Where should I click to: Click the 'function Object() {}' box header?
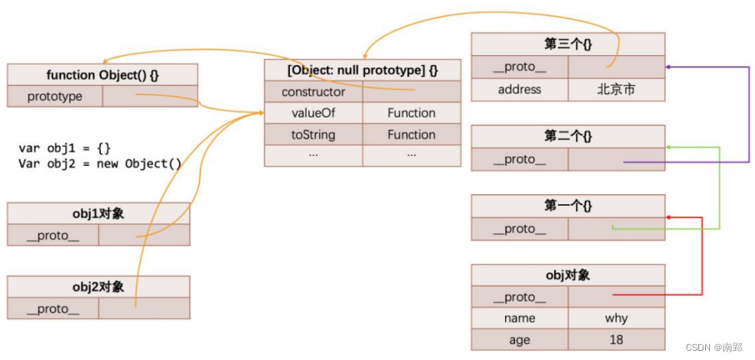(102, 74)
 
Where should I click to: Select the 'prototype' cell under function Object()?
(55, 97)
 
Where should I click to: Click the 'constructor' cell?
(313, 92)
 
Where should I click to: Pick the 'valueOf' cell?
(313, 113)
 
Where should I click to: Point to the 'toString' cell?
(313, 135)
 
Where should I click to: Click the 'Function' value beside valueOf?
(411, 113)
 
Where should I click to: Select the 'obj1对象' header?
(98, 213)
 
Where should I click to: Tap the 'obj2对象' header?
(98, 287)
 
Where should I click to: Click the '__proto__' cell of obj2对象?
(52, 308)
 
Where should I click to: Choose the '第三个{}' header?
(567, 44)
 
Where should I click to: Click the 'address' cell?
(519, 89)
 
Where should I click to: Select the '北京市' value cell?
(616, 89)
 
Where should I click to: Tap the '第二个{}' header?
(567, 136)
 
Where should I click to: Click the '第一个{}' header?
(567, 206)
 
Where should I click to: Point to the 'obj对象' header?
(567, 275)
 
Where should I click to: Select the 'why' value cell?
(616, 318)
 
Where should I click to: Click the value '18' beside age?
(616, 340)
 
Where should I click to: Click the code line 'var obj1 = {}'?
(64, 148)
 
